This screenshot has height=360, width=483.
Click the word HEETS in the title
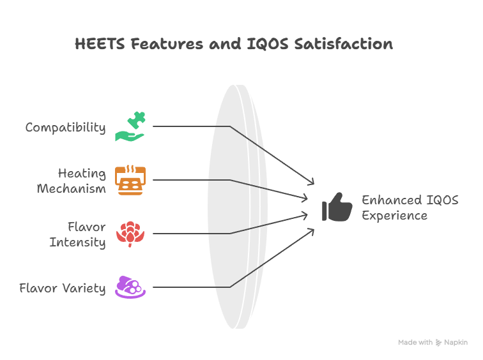[100, 43]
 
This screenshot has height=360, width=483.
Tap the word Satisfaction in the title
[344, 43]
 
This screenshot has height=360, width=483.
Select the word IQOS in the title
[268, 44]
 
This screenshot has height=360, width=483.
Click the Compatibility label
[65, 128]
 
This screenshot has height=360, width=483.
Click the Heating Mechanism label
[71, 181]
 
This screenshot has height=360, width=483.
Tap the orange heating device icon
[130, 180]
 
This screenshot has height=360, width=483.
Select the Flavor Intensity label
[78, 234]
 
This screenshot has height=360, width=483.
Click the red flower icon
[130, 234]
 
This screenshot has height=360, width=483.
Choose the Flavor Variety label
[63, 289]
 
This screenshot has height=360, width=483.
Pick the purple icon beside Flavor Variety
[130, 287]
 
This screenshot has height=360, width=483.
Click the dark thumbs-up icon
[337, 207]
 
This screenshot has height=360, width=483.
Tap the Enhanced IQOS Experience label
[410, 207]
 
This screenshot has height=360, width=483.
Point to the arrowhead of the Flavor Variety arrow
[312, 231]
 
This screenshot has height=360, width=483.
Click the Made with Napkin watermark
[433, 343]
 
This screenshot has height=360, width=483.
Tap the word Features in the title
[167, 43]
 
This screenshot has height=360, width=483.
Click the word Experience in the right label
[395, 216]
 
